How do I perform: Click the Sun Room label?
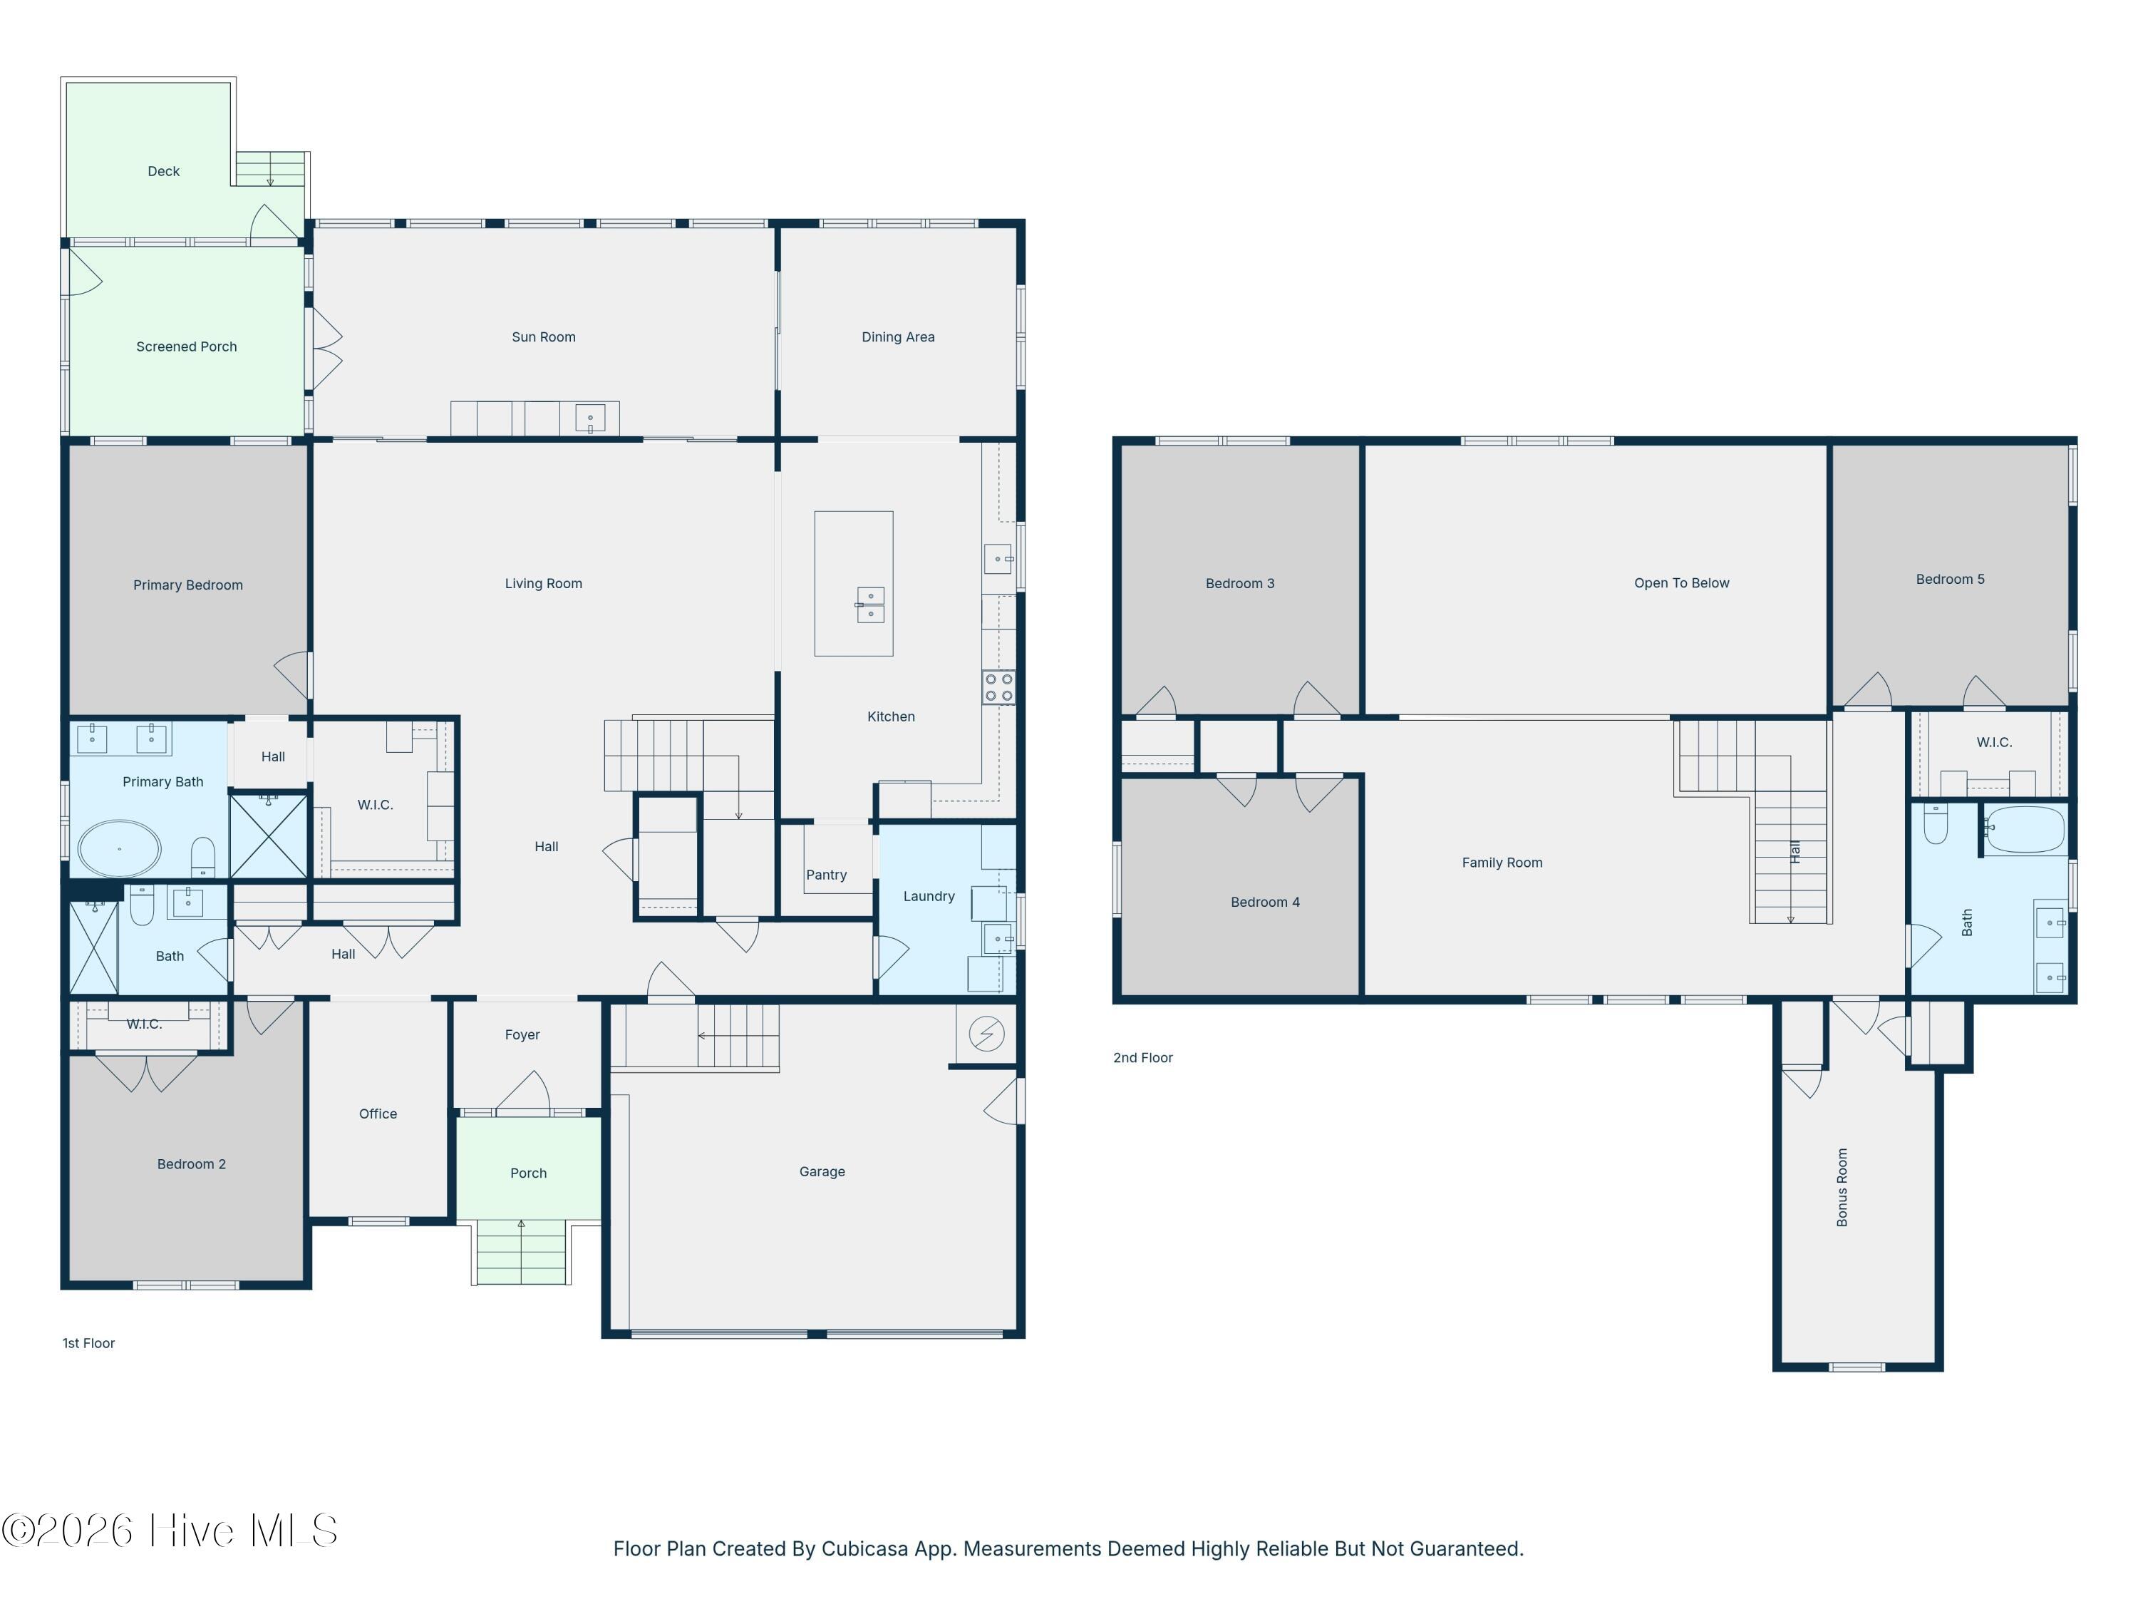(x=543, y=337)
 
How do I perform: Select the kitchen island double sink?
(x=870, y=605)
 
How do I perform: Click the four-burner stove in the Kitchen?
(x=998, y=687)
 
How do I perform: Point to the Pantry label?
(x=827, y=875)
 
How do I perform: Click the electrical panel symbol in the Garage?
(x=986, y=1034)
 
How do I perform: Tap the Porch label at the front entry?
(x=529, y=1173)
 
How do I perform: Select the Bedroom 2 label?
(x=192, y=1164)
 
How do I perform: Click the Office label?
(x=378, y=1114)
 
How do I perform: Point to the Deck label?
(x=163, y=171)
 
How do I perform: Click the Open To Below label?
(x=1682, y=583)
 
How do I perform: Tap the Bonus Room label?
(x=1842, y=1187)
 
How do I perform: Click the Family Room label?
(x=1502, y=863)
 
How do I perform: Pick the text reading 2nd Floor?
(x=1142, y=1058)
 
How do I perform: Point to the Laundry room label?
(x=929, y=896)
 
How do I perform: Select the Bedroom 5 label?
(x=1951, y=579)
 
